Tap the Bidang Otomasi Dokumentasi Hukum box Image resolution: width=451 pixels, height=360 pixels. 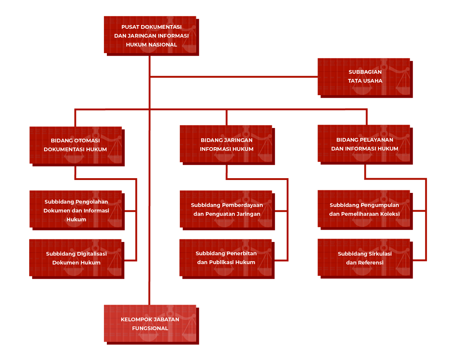(x=76, y=145)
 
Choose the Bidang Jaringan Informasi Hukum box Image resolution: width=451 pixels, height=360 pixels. (x=226, y=144)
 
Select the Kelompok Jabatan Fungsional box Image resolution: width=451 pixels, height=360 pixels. (x=150, y=323)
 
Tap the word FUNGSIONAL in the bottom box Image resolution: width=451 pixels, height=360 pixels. (x=150, y=328)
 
